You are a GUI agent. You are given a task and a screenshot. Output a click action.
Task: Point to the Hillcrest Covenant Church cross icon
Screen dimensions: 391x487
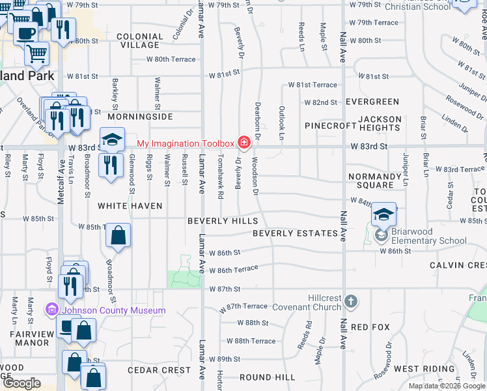pos(351,301)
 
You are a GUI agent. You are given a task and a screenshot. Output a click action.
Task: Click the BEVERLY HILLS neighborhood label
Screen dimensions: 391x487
pos(223,221)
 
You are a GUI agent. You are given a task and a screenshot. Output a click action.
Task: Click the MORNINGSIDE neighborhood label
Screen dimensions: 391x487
pos(140,116)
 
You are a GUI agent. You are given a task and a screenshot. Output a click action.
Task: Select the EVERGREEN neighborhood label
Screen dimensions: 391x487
pos(372,102)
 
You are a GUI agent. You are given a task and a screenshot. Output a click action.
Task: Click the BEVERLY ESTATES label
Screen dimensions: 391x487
pos(296,233)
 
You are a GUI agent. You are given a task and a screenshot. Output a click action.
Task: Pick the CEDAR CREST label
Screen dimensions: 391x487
pos(160,369)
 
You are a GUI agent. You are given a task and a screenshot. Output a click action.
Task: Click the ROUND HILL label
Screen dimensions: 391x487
pos(268,377)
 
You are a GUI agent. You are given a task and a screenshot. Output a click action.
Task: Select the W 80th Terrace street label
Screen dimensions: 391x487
pos(171,59)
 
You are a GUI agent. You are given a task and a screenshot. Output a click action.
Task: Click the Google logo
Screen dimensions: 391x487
pos(21,383)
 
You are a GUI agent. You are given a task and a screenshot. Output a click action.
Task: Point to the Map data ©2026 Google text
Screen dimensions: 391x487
pos(446,386)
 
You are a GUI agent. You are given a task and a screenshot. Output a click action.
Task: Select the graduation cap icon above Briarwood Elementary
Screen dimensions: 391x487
pos(384,214)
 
